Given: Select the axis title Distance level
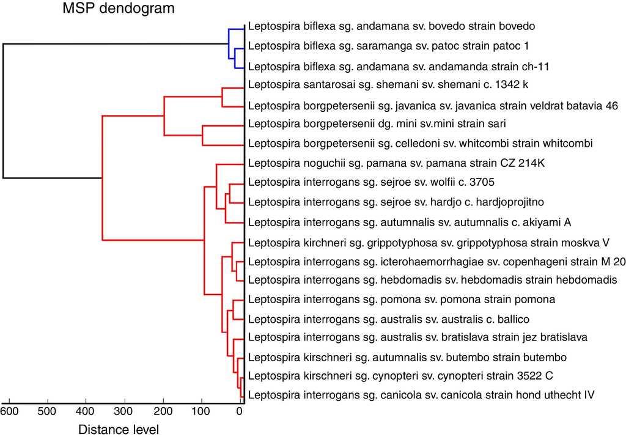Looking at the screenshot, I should point(119,429).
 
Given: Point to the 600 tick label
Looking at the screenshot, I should point(10,411).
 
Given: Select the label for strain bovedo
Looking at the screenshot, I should point(392,26).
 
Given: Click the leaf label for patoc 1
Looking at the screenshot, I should point(389,45).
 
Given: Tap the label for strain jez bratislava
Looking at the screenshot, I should point(418,337).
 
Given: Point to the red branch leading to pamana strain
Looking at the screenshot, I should point(230,164).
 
